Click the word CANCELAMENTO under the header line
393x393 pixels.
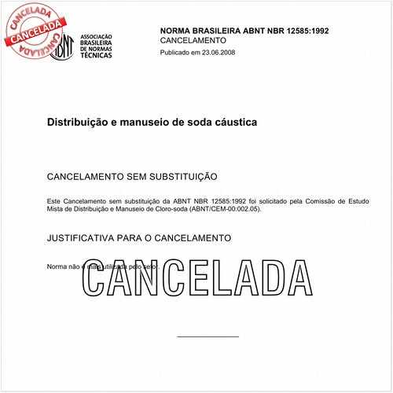tap(193, 39)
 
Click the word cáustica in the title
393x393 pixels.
tap(236, 123)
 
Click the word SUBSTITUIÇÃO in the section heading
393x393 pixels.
tap(176, 177)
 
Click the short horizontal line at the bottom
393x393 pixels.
tap(208, 337)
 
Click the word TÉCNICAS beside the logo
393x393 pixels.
tap(95, 56)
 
